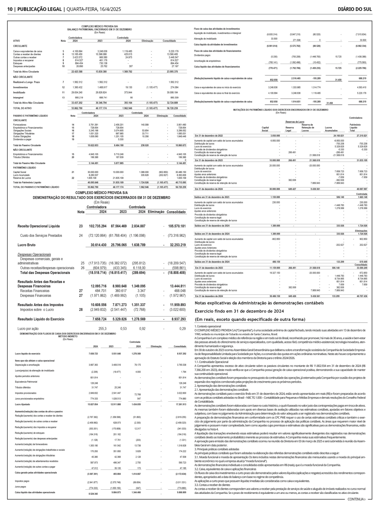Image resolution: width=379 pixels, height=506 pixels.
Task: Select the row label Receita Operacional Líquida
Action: (x=39, y=226)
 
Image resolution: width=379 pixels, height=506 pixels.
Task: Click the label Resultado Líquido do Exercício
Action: (x=41, y=319)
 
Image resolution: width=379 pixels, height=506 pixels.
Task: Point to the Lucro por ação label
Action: (x=28, y=328)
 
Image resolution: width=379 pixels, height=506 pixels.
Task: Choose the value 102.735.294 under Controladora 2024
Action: (x=97, y=226)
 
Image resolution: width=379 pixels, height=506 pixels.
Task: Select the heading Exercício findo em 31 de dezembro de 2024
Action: (x=239, y=311)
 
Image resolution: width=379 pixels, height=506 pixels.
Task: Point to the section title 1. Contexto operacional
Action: (x=207, y=326)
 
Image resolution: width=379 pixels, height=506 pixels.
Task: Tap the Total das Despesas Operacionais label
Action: (x=45, y=272)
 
